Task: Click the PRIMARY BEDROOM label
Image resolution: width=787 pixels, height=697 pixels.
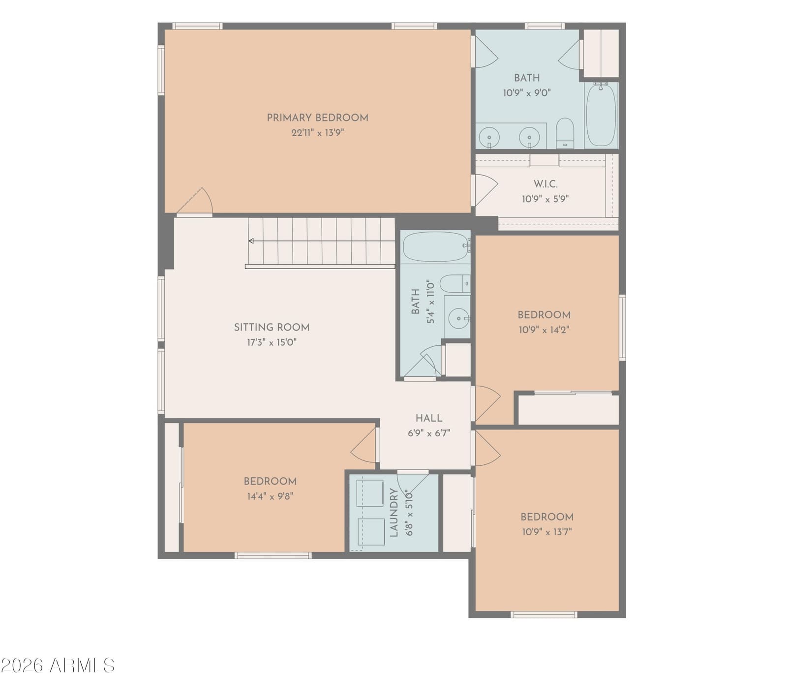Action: [317, 118]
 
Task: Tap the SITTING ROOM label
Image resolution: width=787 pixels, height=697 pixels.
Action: [272, 327]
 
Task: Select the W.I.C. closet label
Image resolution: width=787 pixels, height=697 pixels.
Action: [545, 184]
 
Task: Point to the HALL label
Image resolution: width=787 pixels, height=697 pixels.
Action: [428, 418]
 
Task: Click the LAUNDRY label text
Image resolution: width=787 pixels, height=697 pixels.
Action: [393, 512]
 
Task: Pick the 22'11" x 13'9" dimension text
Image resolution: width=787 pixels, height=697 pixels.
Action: [317, 132]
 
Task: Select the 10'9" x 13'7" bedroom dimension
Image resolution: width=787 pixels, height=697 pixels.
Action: [547, 532]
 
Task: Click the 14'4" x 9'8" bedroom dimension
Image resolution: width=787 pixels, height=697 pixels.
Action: [270, 496]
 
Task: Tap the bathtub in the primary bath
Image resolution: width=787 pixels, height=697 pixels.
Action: [601, 115]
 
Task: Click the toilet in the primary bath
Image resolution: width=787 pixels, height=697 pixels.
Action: [565, 133]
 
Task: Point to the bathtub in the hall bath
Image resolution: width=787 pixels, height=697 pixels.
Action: [436, 246]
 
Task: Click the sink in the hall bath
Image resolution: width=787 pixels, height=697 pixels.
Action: [458, 318]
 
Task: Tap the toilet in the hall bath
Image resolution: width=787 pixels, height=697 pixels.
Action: [455, 284]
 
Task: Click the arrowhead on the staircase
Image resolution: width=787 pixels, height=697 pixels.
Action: [251, 241]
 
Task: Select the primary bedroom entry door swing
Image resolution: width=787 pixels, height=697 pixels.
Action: [195, 202]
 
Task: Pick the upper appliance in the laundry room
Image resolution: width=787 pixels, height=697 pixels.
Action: [370, 493]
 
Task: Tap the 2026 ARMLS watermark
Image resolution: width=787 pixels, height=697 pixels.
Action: [58, 666]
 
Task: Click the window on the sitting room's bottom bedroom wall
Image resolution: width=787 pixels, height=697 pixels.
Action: [273, 555]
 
